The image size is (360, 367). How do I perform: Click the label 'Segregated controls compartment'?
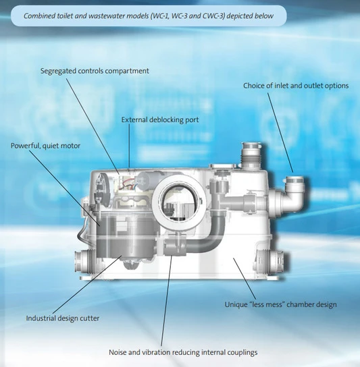coord(95,71)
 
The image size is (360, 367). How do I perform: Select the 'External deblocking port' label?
coord(159,119)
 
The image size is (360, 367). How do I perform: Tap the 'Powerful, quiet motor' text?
coord(44,145)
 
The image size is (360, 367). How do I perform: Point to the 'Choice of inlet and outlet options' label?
coord(297,86)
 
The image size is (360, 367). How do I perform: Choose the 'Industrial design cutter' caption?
coord(62,318)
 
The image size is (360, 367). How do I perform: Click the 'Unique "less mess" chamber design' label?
coord(280,304)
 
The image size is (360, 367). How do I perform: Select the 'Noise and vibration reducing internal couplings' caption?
coord(182,352)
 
